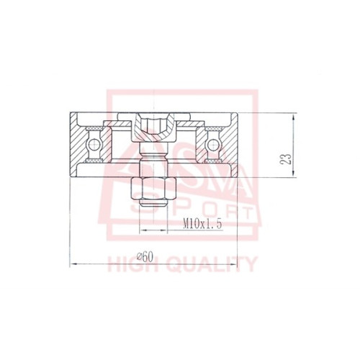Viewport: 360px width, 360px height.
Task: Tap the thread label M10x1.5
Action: (x=202, y=224)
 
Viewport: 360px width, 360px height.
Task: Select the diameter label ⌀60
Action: (x=145, y=257)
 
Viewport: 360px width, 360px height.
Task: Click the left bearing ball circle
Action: (x=93, y=145)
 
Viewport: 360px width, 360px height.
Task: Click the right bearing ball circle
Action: (x=212, y=145)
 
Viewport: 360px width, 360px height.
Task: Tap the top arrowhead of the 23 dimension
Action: (x=294, y=117)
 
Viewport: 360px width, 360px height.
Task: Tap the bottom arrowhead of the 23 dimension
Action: (x=294, y=173)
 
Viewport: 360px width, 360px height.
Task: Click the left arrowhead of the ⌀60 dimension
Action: (x=73, y=264)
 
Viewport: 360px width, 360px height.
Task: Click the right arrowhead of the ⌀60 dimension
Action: (x=233, y=264)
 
